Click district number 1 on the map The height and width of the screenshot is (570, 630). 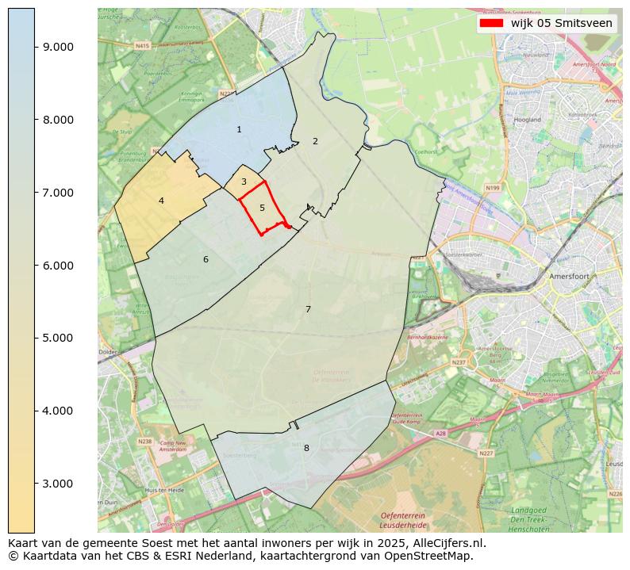[239, 129]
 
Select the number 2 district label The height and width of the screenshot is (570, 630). [315, 141]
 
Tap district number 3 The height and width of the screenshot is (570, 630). [244, 182]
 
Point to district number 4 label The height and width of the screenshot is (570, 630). [161, 201]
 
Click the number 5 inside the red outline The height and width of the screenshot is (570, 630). [262, 208]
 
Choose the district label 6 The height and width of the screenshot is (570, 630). [206, 259]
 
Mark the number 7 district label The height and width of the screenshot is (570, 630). [308, 309]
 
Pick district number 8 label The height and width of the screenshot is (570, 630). [306, 448]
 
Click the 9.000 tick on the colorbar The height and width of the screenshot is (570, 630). [58, 47]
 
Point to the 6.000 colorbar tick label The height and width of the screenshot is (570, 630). [58, 266]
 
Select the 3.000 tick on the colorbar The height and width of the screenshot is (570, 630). [58, 484]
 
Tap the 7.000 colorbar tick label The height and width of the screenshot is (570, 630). [58, 193]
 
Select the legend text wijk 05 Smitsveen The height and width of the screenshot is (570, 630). [562, 23]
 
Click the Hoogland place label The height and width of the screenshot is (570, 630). [528, 120]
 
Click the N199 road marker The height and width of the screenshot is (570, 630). [494, 188]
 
